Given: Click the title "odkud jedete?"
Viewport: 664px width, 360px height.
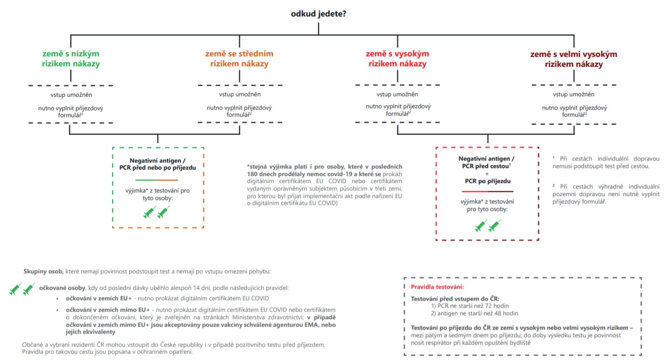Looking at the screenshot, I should coord(319,13).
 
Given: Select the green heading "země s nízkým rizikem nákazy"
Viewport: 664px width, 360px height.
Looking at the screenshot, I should coord(71,59).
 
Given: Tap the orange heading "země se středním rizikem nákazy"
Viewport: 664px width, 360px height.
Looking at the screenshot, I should coord(239,59).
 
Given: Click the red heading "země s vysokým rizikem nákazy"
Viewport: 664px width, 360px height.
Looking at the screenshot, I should coord(397,59).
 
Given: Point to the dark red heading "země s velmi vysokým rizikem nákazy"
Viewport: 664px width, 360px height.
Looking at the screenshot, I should coord(573,59).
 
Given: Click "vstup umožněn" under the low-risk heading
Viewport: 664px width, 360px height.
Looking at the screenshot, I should coord(71,94).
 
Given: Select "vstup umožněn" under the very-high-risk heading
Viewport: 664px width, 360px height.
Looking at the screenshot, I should coord(574,94).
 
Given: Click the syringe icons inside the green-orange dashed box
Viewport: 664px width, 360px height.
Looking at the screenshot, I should coord(157,213).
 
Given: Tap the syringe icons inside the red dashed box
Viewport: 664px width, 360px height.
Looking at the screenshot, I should coord(488,226).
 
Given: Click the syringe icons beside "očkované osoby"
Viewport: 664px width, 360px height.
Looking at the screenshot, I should coord(22,289).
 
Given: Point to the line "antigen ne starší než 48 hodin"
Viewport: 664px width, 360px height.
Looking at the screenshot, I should coord(475,313).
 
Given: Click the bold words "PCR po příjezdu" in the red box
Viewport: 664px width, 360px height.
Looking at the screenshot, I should coord(487,181).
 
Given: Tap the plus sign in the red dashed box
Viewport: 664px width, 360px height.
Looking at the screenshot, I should coord(487,174).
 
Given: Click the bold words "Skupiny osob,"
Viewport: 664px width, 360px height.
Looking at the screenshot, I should coord(43,271).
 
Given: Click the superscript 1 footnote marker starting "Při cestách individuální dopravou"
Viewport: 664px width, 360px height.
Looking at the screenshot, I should coord(554,157).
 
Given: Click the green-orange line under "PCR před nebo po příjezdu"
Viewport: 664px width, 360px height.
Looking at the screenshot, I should coord(157,180).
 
